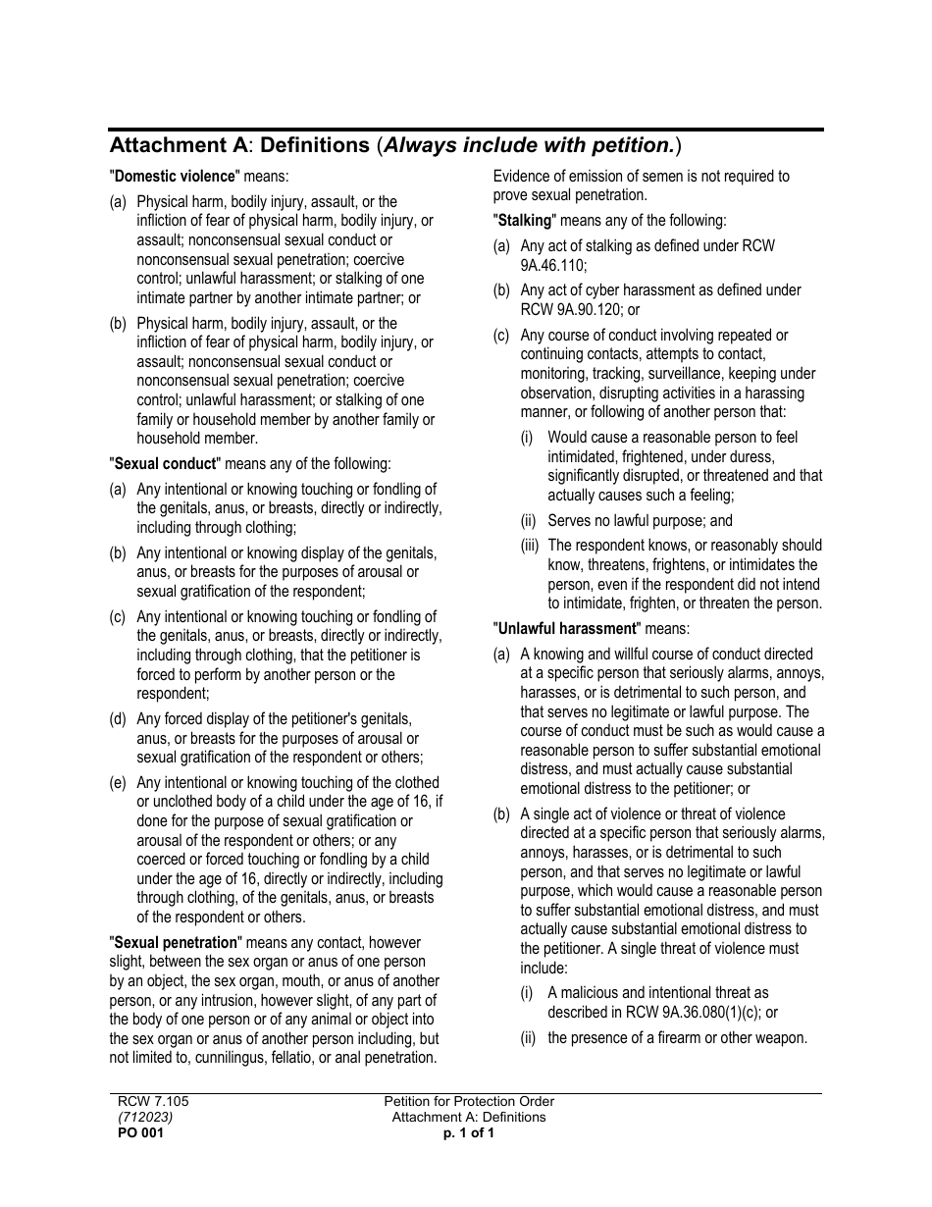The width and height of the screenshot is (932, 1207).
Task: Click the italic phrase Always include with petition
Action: click(529, 146)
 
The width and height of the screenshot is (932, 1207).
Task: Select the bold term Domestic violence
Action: click(176, 177)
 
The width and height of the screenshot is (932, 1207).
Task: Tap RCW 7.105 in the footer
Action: click(153, 1101)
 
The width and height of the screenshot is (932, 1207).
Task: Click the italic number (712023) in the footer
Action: click(146, 1117)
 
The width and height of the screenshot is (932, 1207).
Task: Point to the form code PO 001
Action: click(141, 1132)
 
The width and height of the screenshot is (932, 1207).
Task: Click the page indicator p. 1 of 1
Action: click(468, 1132)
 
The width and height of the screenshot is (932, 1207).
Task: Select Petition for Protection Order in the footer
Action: click(469, 1101)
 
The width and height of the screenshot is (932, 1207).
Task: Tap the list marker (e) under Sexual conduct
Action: click(118, 783)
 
